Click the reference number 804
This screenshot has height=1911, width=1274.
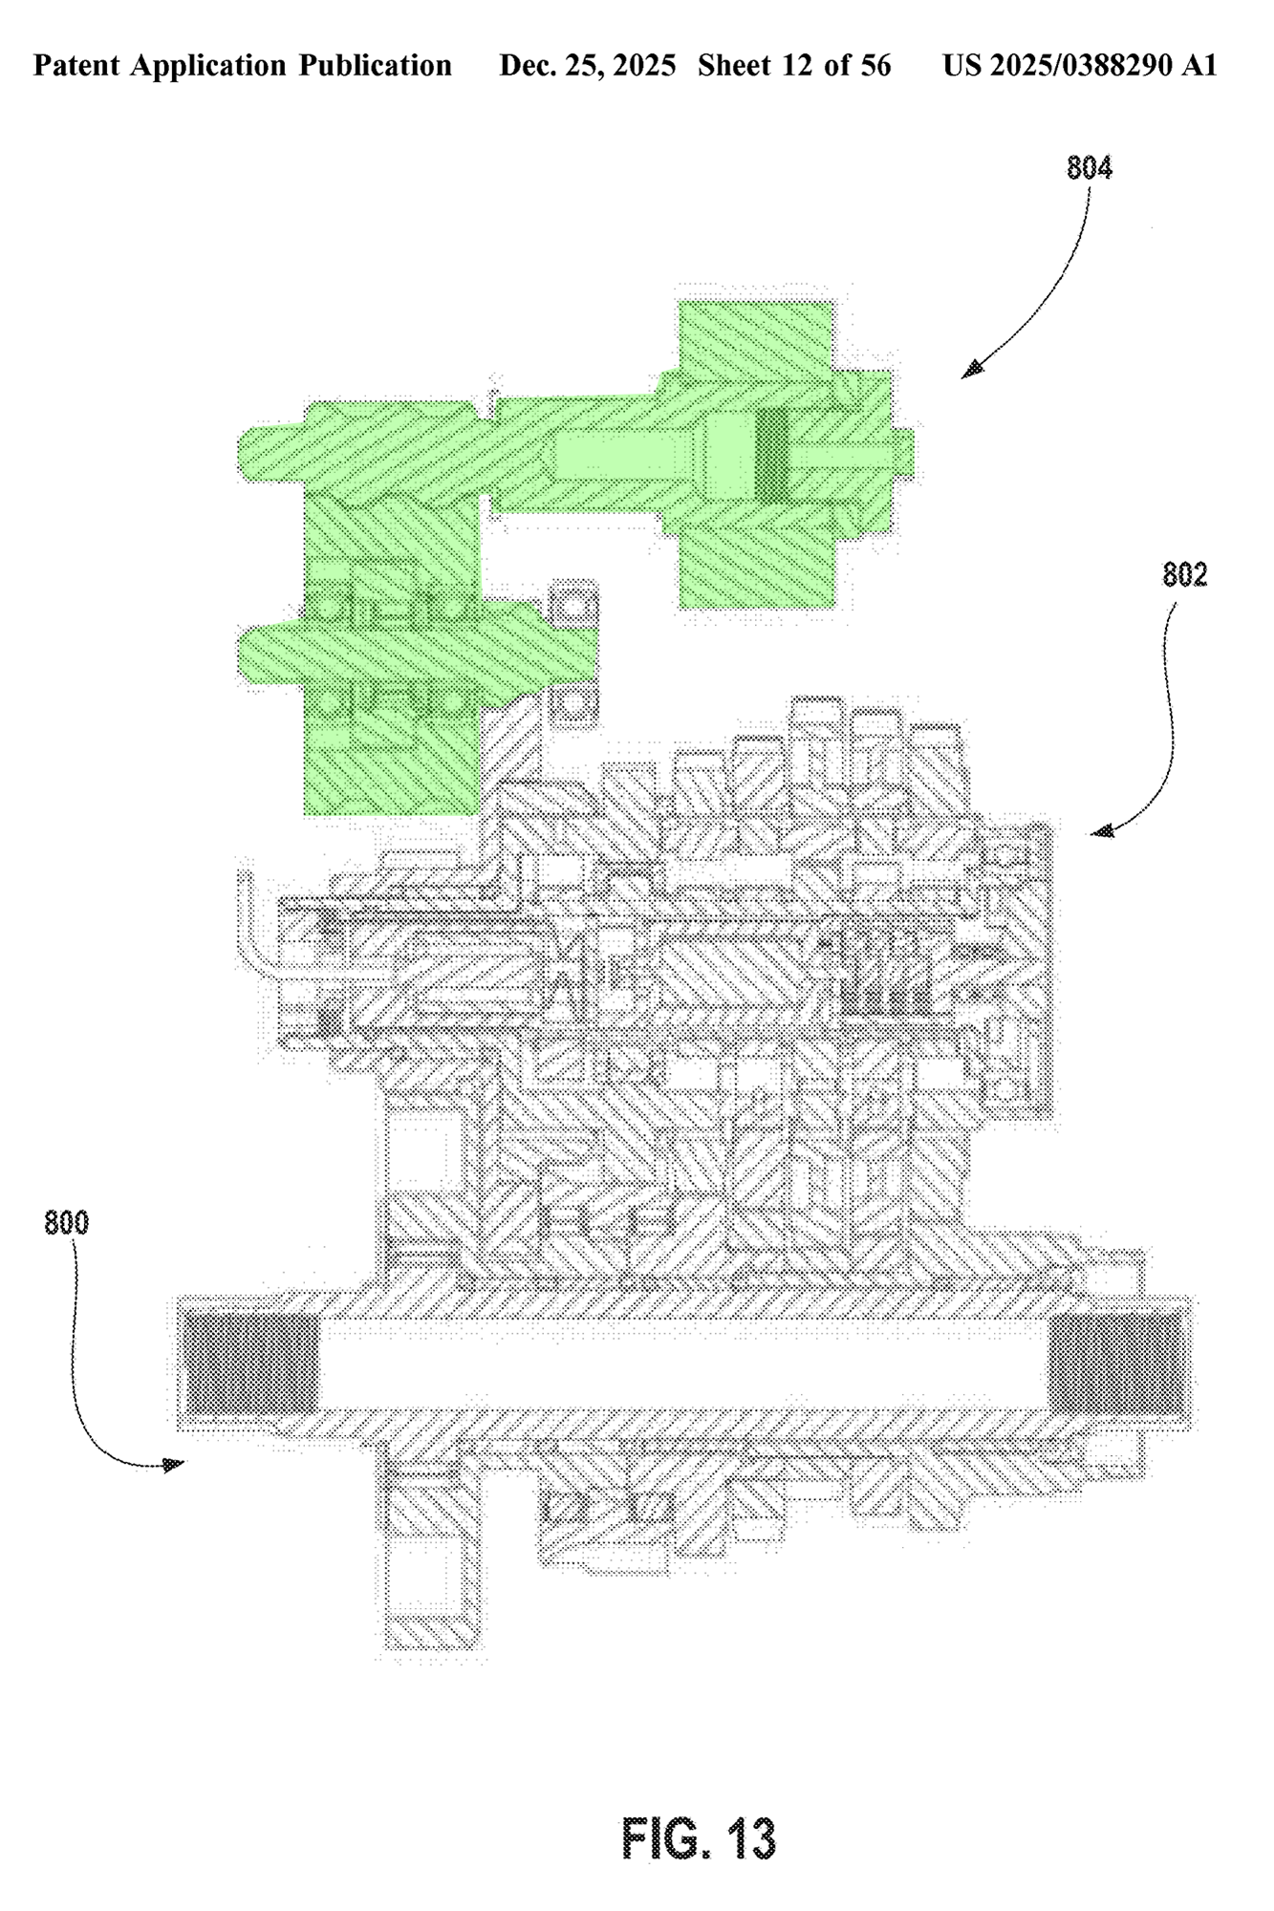(1090, 168)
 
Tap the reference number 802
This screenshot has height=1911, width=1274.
(1185, 574)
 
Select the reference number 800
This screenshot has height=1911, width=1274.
(67, 1223)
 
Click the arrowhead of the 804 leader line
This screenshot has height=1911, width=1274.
(972, 370)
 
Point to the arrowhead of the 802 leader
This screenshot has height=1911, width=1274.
(1102, 831)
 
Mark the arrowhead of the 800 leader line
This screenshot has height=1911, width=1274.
(175, 1464)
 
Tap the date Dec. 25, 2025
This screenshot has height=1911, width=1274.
(588, 66)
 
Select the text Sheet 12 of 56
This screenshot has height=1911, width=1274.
(794, 66)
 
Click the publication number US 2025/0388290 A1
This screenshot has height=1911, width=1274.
(1080, 66)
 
